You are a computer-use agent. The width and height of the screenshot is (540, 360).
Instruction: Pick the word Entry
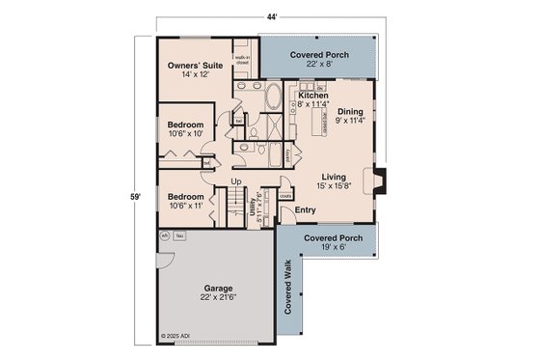pyautogui.click(x=305, y=209)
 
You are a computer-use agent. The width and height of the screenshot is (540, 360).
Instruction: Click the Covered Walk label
pyautogui.click(x=288, y=291)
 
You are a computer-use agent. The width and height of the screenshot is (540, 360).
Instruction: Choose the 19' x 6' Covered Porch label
pyautogui.click(x=330, y=241)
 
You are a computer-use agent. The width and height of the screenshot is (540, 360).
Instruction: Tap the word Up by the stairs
pyautogui.click(x=235, y=180)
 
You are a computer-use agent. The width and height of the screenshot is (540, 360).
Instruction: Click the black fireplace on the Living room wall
pyautogui.click(x=383, y=180)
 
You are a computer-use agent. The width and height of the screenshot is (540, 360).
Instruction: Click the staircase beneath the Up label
pyautogui.click(x=235, y=206)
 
